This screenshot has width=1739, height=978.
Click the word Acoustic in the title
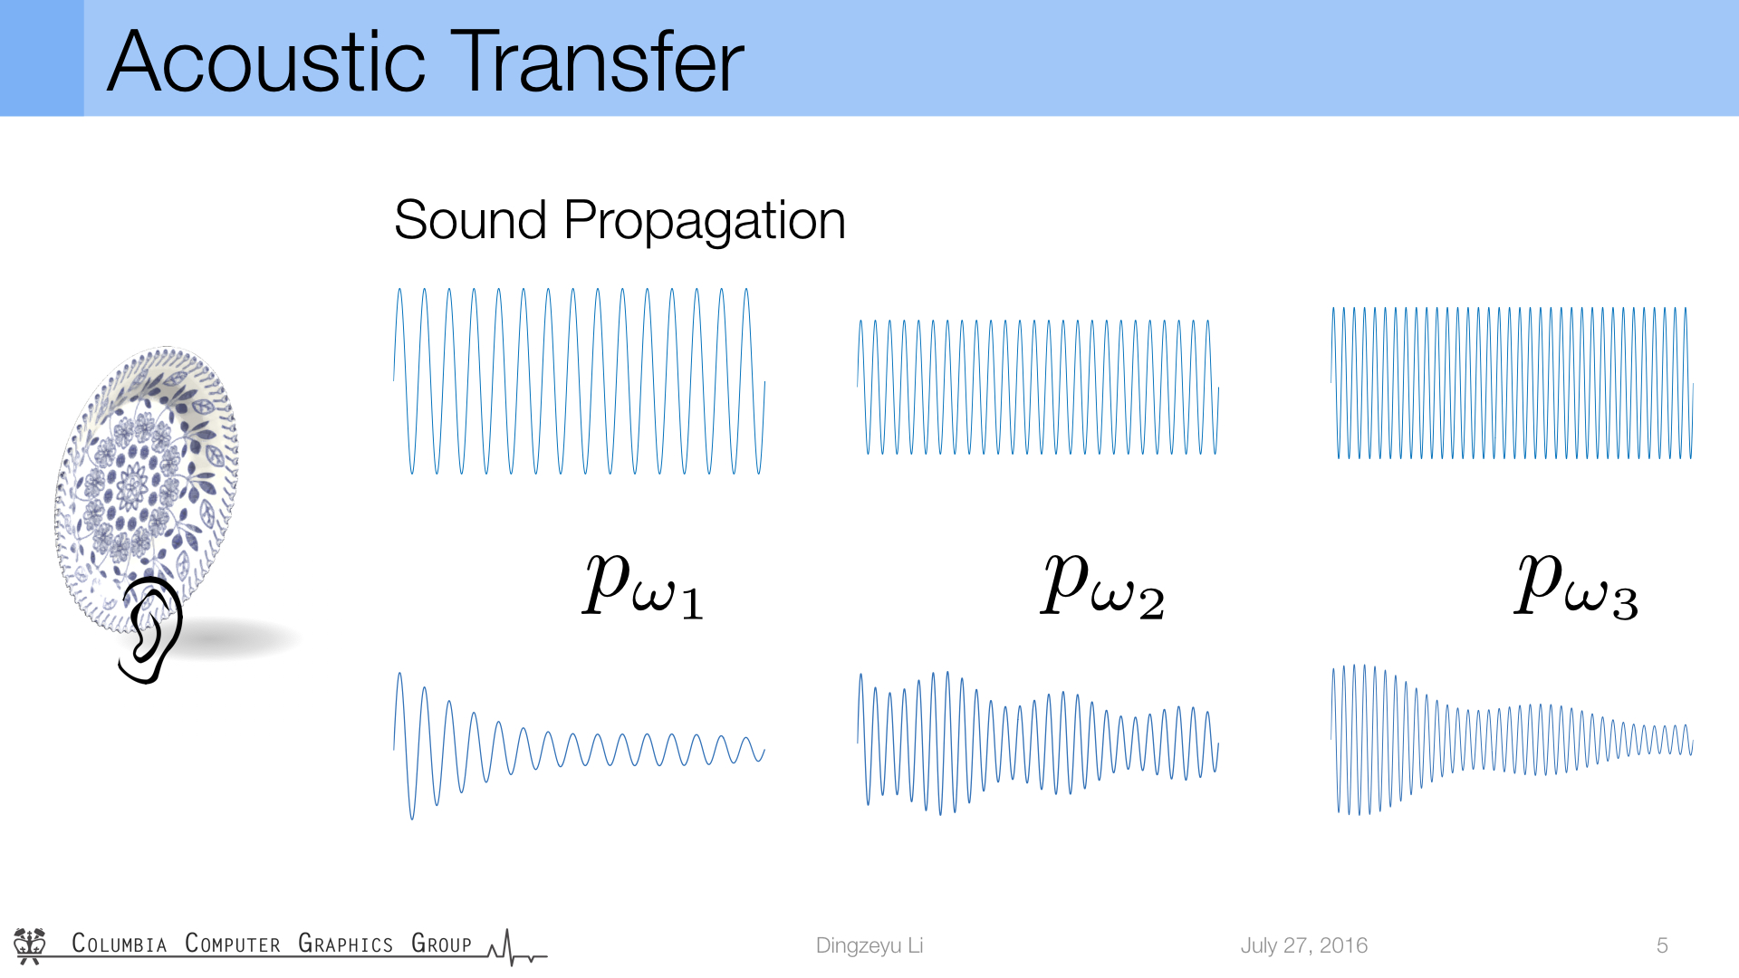[x=266, y=62]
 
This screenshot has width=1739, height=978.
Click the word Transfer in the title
[x=597, y=62]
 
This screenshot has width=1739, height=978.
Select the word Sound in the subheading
[x=471, y=220]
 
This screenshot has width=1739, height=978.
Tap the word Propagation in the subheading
[x=705, y=222]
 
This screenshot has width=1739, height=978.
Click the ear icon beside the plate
[x=151, y=629]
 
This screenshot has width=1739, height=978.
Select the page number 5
[x=1662, y=945]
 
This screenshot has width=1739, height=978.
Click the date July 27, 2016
[x=1304, y=945]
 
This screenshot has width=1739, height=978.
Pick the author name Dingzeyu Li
[x=869, y=945]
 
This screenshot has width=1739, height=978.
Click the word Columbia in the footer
[x=120, y=944]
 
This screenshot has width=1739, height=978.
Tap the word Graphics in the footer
[x=346, y=944]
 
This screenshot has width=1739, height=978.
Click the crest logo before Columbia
[x=30, y=945]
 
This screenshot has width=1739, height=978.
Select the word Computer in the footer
[x=233, y=944]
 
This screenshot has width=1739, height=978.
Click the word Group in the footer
[x=442, y=944]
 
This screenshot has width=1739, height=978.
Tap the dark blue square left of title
[x=42, y=58]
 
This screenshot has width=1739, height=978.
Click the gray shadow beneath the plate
[x=240, y=638]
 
